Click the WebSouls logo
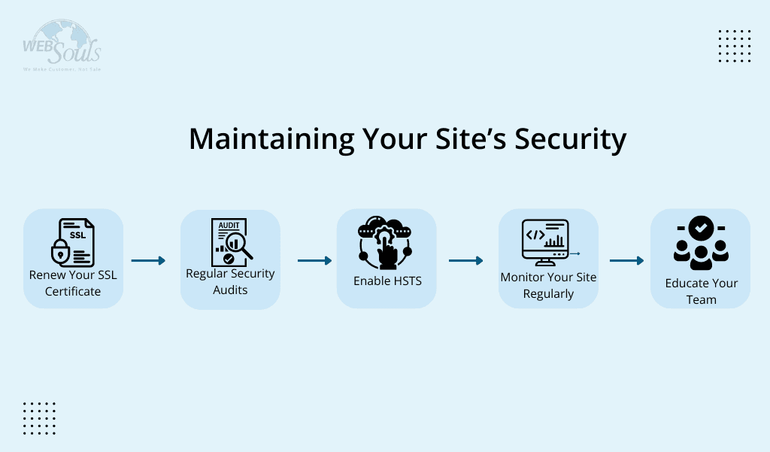tap(62, 45)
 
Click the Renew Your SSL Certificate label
tap(73, 283)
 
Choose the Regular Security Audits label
tap(230, 281)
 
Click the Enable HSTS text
tap(387, 281)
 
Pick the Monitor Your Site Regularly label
tap(548, 285)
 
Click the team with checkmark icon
tap(701, 243)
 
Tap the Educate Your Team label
tap(701, 291)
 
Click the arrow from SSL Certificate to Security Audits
tap(148, 261)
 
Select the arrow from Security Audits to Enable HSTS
tap(314, 261)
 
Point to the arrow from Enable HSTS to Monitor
tap(465, 261)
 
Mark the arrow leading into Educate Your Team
tap(626, 261)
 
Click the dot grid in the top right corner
tap(735, 46)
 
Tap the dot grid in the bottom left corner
tap(39, 418)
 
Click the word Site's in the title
tap(442, 140)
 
